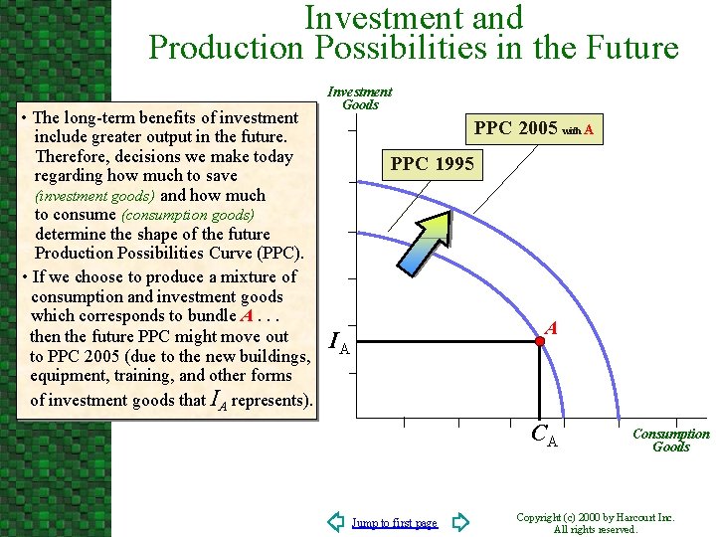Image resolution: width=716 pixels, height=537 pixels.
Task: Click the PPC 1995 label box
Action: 433,164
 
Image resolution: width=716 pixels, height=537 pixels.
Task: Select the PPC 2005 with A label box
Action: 535,128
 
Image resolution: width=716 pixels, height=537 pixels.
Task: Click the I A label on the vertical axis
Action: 339,344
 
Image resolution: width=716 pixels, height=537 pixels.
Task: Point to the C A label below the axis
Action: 544,435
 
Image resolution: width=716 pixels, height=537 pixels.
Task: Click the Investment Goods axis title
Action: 360,97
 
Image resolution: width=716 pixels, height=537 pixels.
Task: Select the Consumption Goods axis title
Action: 671,440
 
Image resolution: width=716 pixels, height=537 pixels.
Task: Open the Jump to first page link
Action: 395,523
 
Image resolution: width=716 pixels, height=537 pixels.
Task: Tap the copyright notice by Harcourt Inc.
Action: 596,523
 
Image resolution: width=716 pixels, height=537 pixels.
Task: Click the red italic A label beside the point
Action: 552,327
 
